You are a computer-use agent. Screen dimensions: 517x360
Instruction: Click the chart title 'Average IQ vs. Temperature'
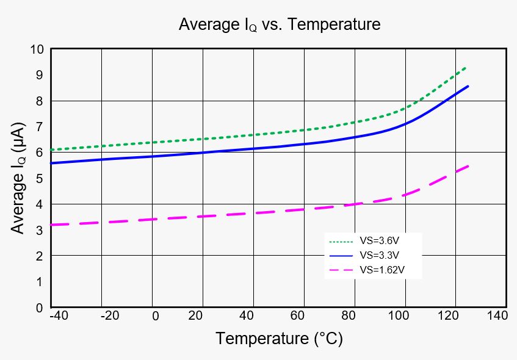[x=280, y=25]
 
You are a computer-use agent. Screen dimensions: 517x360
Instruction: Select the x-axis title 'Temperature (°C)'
[x=280, y=339]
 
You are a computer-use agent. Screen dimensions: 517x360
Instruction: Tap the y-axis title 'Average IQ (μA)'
[x=18, y=178]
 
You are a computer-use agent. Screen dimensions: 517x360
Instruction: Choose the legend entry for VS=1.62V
[x=367, y=270]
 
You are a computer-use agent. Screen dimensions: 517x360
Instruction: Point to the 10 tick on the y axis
[x=37, y=49]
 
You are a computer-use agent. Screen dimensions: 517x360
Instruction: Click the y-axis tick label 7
[x=40, y=126]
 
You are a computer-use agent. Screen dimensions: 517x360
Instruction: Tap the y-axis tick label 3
[x=40, y=230]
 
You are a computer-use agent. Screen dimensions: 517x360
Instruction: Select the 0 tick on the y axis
[x=40, y=308]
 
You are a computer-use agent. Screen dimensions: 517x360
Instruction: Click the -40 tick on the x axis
[x=59, y=315]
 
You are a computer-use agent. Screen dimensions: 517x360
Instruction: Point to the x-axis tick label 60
[x=297, y=315]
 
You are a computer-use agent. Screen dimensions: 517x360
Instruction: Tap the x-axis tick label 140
[x=497, y=315]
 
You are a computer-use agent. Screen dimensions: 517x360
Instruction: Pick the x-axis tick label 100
[x=399, y=315]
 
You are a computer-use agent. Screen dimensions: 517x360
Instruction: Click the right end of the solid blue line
[x=468, y=87]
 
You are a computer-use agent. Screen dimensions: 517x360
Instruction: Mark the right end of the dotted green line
[x=466, y=68]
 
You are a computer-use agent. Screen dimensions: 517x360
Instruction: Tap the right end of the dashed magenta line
[x=468, y=166]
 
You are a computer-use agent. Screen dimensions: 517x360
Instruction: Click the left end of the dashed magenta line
[x=51, y=225]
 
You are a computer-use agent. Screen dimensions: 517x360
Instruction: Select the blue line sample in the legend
[x=341, y=256]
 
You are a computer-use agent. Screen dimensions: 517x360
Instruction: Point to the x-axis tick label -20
[x=110, y=315]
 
